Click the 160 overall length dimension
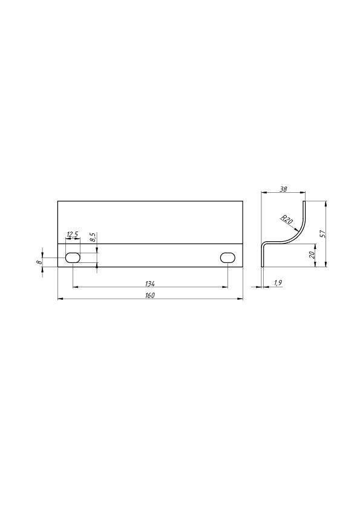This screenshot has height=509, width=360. [150, 295]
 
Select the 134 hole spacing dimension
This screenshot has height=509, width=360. [150, 284]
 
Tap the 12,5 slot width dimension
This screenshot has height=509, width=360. [73, 235]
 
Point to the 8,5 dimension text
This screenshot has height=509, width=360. [93, 238]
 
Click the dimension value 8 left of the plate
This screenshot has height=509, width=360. [39, 262]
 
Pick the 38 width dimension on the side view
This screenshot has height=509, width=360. [283, 189]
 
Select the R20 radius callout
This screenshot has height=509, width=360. [287, 220]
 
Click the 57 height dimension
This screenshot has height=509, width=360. [322, 234]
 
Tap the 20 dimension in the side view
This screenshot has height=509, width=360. [312, 255]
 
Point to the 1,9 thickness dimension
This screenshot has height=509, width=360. [278, 283]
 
